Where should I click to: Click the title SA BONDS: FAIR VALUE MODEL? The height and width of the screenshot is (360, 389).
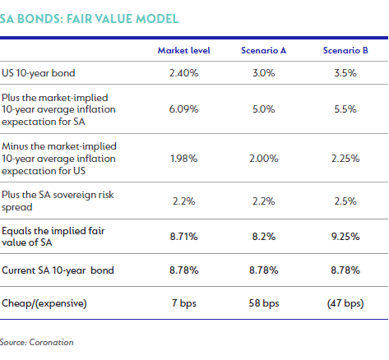pos(90,19)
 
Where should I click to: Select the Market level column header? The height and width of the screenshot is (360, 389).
pos(184,50)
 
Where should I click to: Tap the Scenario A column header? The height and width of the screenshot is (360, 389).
pos(263,50)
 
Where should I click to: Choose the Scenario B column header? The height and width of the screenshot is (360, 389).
pos(345,50)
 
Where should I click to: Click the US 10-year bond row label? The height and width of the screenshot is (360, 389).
pos(39,73)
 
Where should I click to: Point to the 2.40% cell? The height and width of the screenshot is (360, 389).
pos(183,73)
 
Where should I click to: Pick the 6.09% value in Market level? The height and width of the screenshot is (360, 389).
pos(183,109)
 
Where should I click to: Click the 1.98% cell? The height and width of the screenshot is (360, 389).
pos(183,159)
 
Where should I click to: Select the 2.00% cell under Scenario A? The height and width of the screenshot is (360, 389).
pos(264,159)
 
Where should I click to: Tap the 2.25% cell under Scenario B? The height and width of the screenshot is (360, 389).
pos(345,159)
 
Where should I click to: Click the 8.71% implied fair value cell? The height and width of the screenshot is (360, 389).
pos(183,237)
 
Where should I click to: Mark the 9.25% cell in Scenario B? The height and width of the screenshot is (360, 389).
pos(345,237)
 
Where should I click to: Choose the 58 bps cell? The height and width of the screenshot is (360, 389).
pos(264,303)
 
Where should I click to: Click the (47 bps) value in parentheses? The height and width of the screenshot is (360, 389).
pos(345,303)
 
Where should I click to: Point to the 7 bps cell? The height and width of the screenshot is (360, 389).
pos(184,303)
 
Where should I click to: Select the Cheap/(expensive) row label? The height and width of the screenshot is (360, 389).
pos(44,303)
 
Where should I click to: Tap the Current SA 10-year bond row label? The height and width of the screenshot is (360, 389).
pos(58,270)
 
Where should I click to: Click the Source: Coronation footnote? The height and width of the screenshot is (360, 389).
pos(37,342)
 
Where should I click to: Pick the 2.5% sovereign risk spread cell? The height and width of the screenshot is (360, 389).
pos(345,201)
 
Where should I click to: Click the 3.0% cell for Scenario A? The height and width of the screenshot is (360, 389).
pos(264,73)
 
